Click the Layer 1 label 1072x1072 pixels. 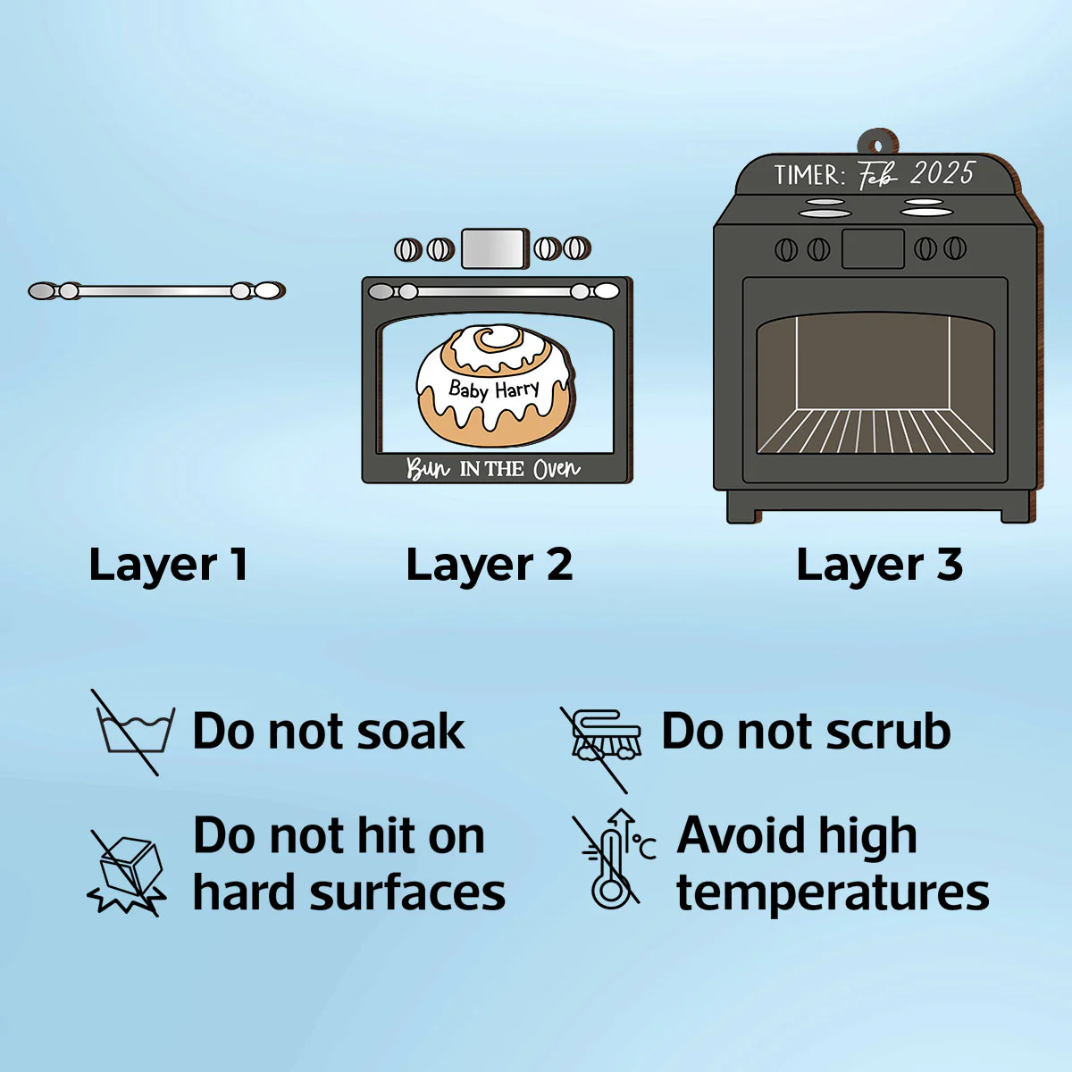[168, 565]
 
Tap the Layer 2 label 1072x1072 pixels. [490, 565]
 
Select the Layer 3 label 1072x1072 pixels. [880, 565]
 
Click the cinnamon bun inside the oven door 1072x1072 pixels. [494, 386]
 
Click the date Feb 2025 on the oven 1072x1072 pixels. [915, 174]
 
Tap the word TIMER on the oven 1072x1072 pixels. [810, 175]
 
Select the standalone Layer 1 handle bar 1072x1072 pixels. [156, 291]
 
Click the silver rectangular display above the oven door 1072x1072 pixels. [494, 248]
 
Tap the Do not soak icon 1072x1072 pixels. [133, 732]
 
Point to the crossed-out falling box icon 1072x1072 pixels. [127, 872]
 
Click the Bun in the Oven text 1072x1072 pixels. [493, 469]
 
